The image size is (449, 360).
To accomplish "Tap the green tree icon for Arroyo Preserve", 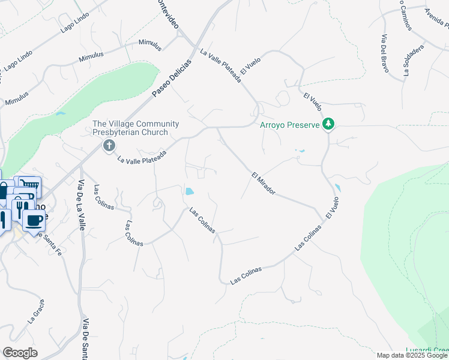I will [x=328, y=124].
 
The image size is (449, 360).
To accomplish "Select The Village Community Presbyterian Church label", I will [x=136, y=128].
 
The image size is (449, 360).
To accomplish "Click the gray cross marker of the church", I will [x=109, y=145].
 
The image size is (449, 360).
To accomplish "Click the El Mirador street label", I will [x=264, y=184].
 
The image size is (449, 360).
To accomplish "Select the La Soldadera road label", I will [x=414, y=61].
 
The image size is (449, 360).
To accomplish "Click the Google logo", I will [x=20, y=353].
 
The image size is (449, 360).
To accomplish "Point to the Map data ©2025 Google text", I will [x=412, y=355].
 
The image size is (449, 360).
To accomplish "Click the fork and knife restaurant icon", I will [x=19, y=208].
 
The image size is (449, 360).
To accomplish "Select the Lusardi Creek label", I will [x=427, y=350].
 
